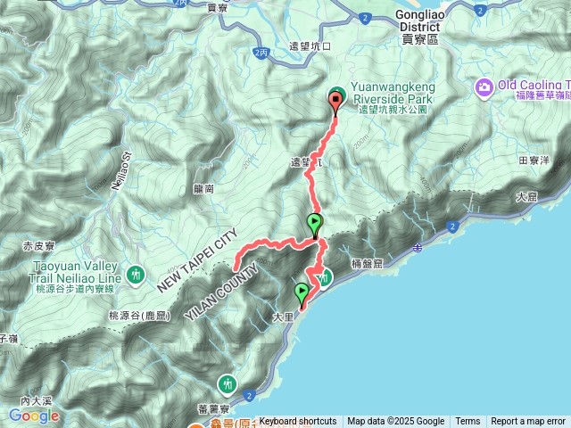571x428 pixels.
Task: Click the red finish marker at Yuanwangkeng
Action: pyautogui.click(x=335, y=101)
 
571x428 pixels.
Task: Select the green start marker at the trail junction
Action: pyautogui.click(x=315, y=224)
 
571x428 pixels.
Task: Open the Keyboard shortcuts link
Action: pyautogui.click(x=298, y=422)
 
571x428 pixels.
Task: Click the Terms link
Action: pyautogui.click(x=468, y=422)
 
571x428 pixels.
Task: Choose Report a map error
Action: pyautogui.click(x=528, y=422)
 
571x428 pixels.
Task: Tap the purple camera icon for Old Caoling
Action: pyautogui.click(x=484, y=87)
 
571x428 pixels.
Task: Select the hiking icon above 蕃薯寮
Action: pyautogui.click(x=229, y=383)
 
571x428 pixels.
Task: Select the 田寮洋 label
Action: pyautogui.click(x=534, y=160)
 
